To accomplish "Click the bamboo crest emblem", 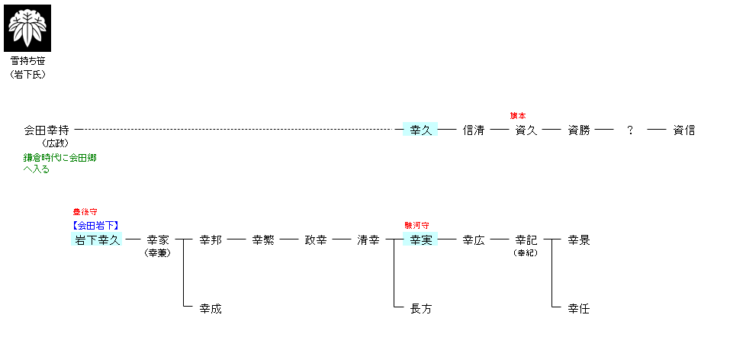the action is [x=27, y=28].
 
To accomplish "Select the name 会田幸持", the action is [x=47, y=130].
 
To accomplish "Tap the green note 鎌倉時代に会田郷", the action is [x=60, y=158].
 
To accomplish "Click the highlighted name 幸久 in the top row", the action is [x=420, y=130].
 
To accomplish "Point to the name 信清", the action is [x=474, y=130].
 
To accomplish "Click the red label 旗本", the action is [x=518, y=116].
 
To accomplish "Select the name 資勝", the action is [x=579, y=130].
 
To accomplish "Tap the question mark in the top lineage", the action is [x=630, y=130].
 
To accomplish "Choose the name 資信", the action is [x=684, y=130].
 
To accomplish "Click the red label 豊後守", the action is [x=85, y=212].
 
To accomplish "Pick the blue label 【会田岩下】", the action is [x=95, y=226].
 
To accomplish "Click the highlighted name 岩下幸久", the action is [x=97, y=239].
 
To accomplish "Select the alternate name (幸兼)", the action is [x=157, y=253].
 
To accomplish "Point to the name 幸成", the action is [x=211, y=309].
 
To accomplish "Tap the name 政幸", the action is [x=316, y=240].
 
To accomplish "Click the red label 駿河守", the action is [x=416, y=226].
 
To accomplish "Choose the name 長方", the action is [x=420, y=309].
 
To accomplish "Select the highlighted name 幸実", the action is [x=420, y=239].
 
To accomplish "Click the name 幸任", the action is [x=579, y=309].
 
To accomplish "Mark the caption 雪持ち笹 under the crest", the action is [x=27, y=61].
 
